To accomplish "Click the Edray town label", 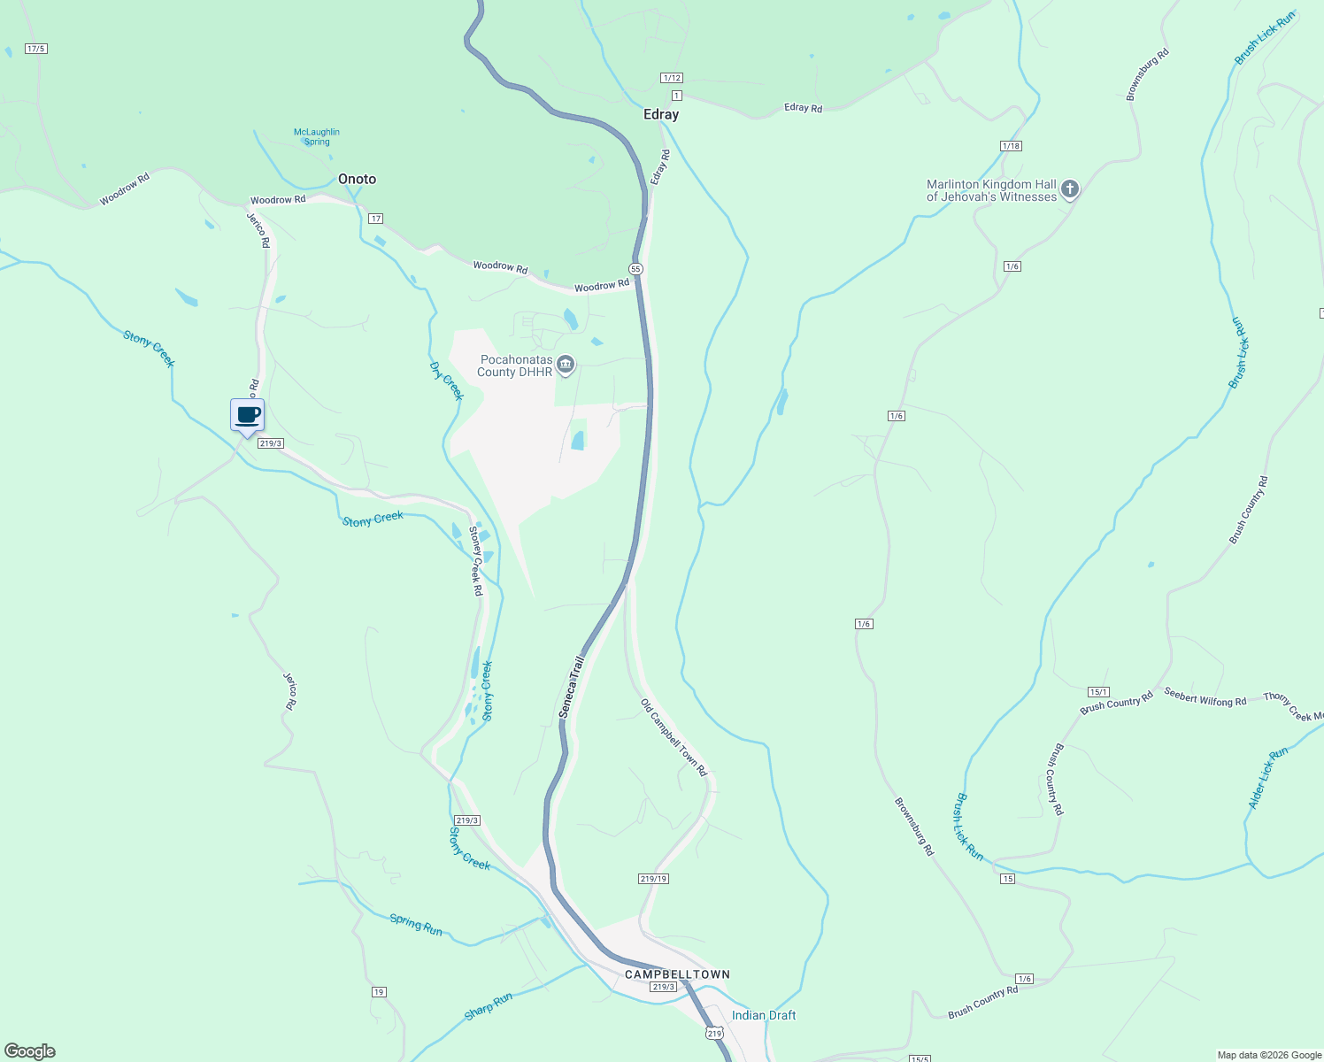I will click(661, 114).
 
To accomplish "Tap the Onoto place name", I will click(357, 179).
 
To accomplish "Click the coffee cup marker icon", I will click(248, 416).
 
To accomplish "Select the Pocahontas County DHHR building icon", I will click(566, 365).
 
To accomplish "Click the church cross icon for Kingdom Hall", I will click(1069, 189).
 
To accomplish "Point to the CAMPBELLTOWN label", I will click(677, 974).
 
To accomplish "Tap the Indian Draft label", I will click(763, 1015).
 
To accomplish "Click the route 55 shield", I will click(635, 268).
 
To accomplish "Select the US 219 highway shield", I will click(714, 1033).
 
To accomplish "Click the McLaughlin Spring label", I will click(317, 136).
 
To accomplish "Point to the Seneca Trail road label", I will click(572, 687).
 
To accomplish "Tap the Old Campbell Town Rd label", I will click(674, 737).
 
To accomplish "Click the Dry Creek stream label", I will click(446, 381).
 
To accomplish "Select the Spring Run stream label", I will click(416, 925).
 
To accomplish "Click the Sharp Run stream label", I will click(489, 1006).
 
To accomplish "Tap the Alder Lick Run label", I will click(1267, 778).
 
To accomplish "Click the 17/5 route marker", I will click(36, 49).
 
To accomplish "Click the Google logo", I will click(30, 1051).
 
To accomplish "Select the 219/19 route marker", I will click(653, 879).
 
